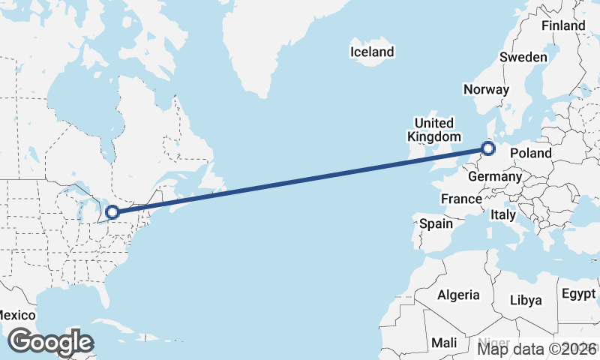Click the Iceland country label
(372, 52)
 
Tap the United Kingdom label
(434, 130)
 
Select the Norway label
(486, 89)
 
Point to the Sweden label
(523, 57)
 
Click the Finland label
(563, 25)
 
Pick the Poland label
(530, 153)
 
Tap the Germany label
(494, 177)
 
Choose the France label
(460, 199)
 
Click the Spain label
(436, 223)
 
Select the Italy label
(502, 215)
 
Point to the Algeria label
(458, 295)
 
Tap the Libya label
(525, 300)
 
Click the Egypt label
(577, 292)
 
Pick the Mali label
(444, 343)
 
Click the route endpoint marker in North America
(112, 212)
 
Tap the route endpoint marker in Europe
(488, 148)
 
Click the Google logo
(50, 342)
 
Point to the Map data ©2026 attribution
(537, 348)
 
